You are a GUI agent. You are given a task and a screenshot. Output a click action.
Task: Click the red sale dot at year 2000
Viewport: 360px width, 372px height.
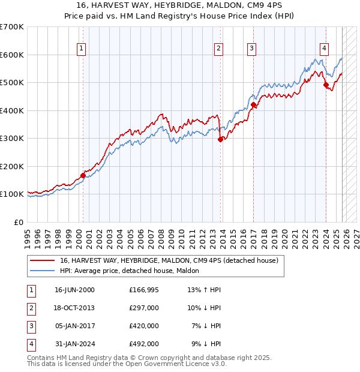pos(83,175)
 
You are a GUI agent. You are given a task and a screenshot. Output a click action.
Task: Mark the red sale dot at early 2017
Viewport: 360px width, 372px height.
pos(253,105)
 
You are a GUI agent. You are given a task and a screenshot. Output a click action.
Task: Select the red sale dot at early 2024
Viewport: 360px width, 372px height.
pos(326,85)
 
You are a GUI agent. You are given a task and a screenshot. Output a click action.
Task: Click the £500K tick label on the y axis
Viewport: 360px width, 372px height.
pos(12,83)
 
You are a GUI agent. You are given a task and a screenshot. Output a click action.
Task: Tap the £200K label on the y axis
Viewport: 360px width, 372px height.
pos(12,166)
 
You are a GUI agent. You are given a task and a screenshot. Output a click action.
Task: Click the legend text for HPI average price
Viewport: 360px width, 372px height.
pos(133,271)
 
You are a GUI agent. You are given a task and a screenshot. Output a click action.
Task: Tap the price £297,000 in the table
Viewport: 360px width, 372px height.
pos(144,308)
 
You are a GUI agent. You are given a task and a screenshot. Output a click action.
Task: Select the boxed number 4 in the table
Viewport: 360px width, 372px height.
pos(31,344)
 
